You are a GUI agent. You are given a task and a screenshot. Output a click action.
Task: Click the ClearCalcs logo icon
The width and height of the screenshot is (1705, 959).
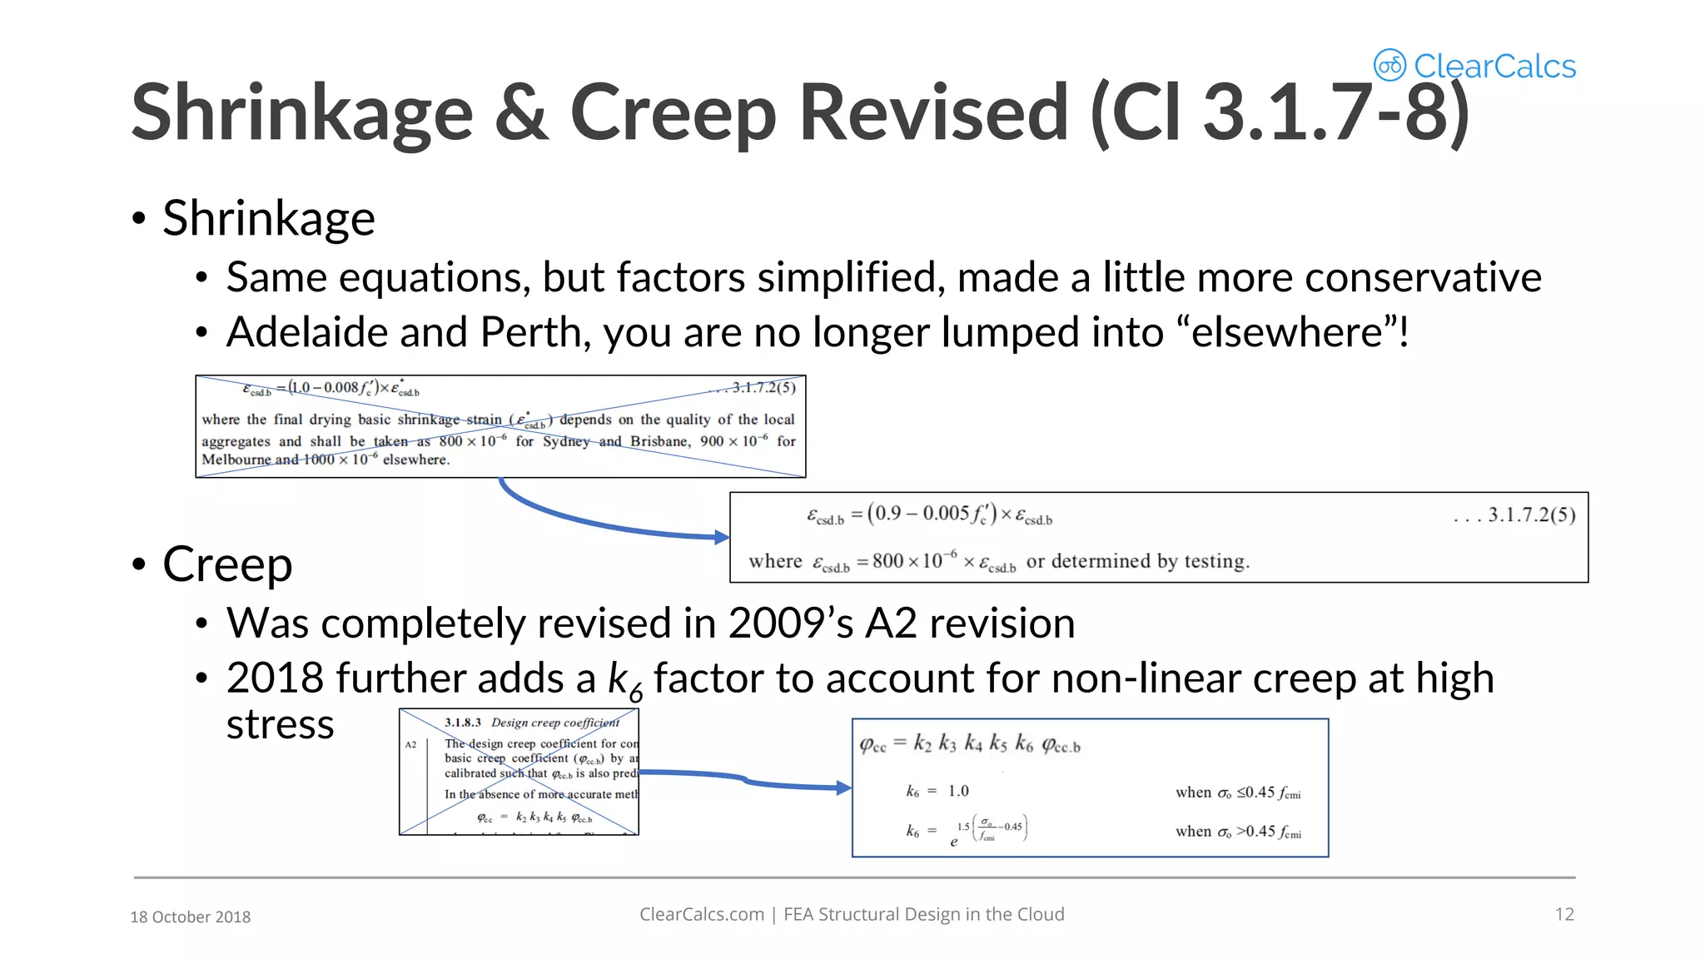1389,65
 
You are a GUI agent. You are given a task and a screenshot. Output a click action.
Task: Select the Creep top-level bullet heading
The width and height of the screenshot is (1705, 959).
227,564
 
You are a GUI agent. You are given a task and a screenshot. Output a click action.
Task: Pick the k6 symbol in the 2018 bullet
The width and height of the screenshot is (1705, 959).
624,681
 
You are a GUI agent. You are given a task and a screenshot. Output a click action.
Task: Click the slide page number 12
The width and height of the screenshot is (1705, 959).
1564,914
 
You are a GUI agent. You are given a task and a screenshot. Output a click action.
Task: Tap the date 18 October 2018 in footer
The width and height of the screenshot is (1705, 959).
190,917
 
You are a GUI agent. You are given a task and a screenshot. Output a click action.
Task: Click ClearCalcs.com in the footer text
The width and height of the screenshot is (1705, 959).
701,914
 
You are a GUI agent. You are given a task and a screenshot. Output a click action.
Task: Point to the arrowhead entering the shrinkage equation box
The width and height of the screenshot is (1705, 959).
722,537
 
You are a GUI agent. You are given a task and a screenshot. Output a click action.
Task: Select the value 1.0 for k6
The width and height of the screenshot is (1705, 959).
958,791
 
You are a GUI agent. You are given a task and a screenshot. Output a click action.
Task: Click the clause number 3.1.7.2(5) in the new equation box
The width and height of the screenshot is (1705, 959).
1531,514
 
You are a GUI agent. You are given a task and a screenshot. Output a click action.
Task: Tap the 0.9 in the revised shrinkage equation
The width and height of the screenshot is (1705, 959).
887,513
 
